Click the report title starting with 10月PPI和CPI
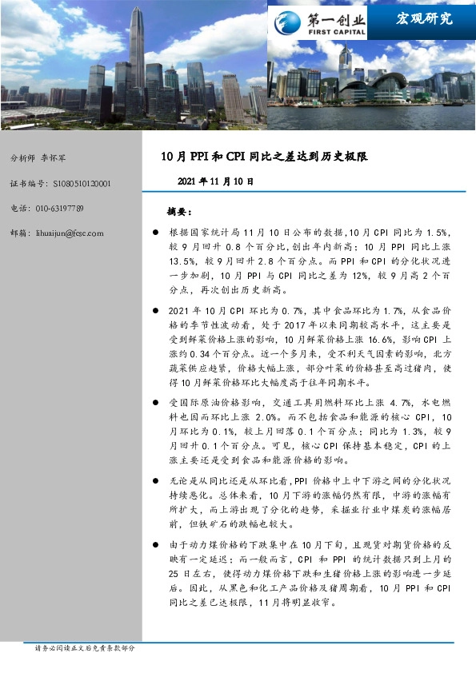pos(265,156)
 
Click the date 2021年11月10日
pos(215,181)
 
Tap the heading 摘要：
pos(178,211)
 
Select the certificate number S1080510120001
pos(82,183)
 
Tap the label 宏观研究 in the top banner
pos(423,18)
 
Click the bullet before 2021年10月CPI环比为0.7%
pos(157,309)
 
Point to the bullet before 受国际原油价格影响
pos(157,401)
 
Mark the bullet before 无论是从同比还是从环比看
pos(157,480)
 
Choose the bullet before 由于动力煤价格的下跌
pos(157,544)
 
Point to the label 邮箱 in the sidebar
pos(19,233)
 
